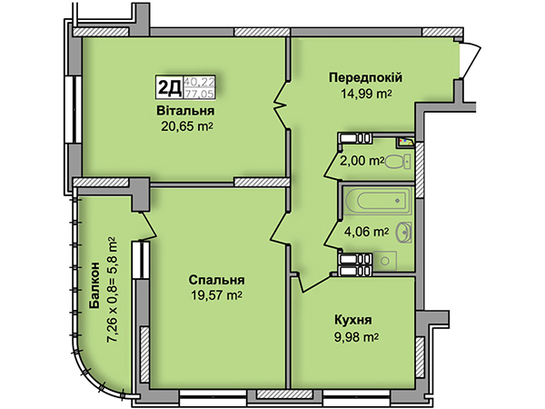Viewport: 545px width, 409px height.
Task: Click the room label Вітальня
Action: tap(185, 111)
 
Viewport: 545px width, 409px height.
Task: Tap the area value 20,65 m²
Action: tap(186, 127)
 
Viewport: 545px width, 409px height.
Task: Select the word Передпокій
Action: tap(366, 77)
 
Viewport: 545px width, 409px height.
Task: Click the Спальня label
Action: tap(216, 280)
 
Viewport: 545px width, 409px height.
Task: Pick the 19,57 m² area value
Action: tap(216, 295)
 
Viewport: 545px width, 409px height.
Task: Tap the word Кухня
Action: tap(353, 320)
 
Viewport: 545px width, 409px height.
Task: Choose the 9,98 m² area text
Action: tap(357, 337)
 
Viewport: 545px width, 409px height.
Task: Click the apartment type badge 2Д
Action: tap(169, 87)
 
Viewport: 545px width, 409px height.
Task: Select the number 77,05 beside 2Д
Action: tap(199, 94)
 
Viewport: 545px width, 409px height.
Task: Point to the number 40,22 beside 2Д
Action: tap(200, 82)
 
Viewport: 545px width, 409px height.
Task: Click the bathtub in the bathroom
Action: tap(379, 201)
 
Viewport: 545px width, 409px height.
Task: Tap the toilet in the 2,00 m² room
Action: tap(398, 162)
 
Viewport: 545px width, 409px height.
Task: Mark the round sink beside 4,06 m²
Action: tap(404, 232)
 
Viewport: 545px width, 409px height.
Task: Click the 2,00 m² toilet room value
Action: tap(362, 161)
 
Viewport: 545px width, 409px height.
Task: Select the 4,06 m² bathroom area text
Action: tap(366, 231)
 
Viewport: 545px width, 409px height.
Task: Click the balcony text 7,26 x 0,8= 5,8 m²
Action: tap(112, 291)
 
